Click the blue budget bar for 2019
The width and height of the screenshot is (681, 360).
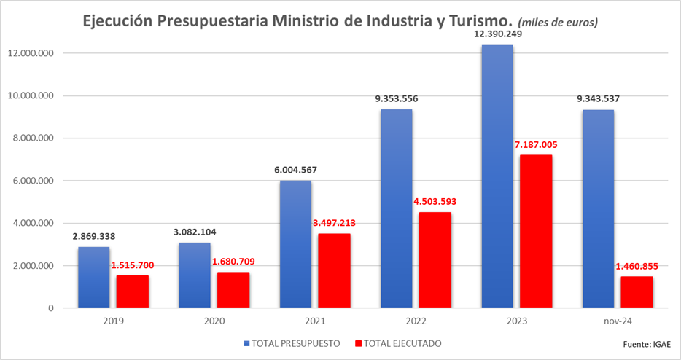[93, 278]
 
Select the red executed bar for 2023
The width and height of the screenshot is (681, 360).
[536, 232]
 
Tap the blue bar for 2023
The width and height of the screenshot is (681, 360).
[497, 176]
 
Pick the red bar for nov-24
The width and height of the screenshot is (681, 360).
[637, 292]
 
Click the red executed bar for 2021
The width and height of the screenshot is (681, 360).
[334, 271]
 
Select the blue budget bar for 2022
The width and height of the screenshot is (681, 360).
[396, 208]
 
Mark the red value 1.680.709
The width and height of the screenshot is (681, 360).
[233, 262]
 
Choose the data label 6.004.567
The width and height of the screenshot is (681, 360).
[295, 170]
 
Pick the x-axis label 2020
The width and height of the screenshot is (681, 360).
[214, 321]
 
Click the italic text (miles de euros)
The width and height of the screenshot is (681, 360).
[558, 23]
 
